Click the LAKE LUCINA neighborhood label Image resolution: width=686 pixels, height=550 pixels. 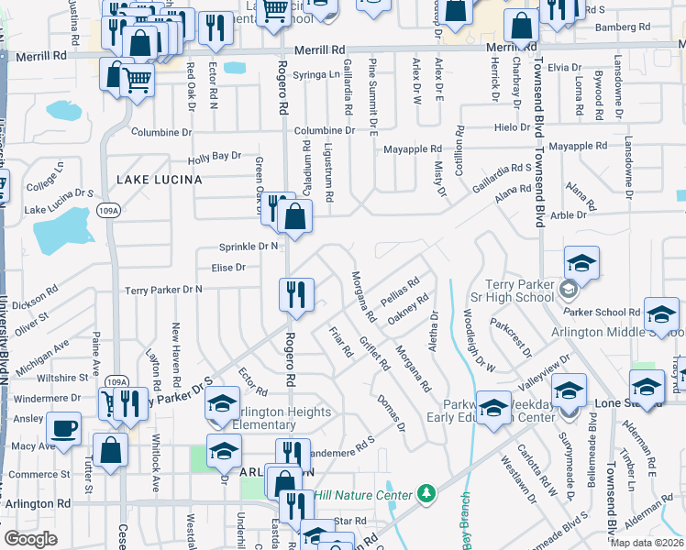coord(159,180)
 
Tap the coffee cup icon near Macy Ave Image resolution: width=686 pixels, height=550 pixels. coord(63,428)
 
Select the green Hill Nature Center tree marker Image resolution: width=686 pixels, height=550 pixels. coord(425,495)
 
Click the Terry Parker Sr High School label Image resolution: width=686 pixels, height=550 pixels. coord(511,292)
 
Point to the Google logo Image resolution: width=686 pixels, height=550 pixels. coord(30,538)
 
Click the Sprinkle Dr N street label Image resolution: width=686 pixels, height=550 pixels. coord(249,247)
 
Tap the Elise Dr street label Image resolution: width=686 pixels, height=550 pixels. coord(228,268)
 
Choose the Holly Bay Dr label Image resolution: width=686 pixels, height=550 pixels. coord(214,157)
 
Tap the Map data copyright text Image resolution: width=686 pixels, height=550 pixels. coord(646,542)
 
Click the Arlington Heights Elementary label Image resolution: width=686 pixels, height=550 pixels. coord(273,418)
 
